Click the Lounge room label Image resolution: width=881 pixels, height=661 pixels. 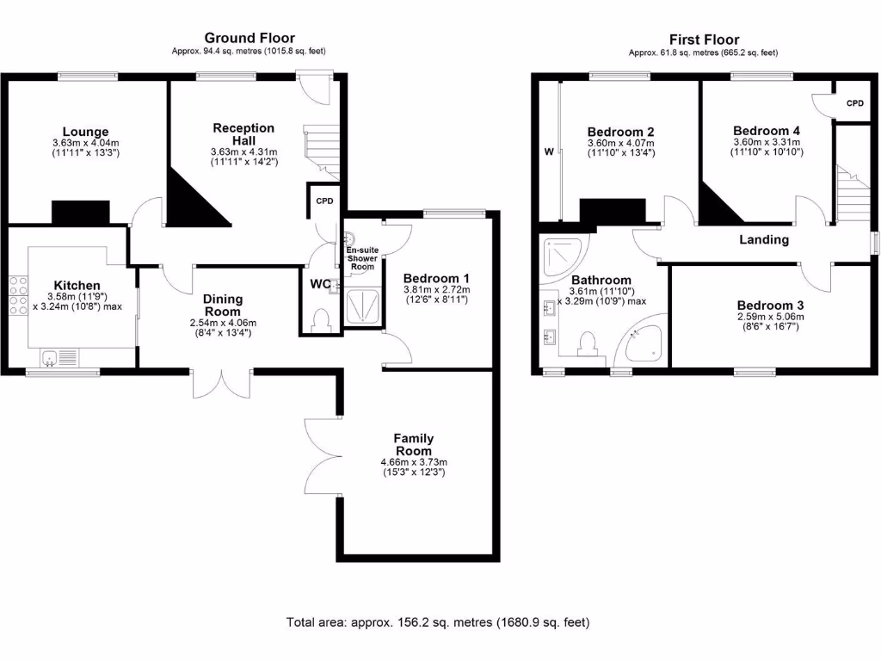(78, 132)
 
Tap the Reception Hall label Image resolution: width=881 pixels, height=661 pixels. (243, 134)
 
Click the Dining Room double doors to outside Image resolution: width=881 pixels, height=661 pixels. (223, 384)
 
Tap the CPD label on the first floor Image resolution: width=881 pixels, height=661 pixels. (854, 103)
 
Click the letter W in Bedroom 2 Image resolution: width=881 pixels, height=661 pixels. (547, 152)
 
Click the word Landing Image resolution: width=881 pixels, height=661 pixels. (764, 240)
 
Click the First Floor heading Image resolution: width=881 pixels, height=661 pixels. (704, 40)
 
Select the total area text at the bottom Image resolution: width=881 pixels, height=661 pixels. (438, 621)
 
